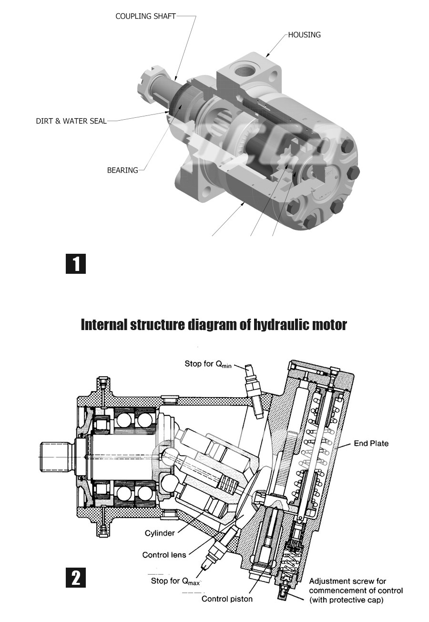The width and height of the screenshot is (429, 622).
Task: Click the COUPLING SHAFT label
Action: pos(145,16)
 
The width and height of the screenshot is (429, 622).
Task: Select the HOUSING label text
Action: pos(304,35)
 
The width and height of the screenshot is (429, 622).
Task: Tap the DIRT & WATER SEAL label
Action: pos(71,121)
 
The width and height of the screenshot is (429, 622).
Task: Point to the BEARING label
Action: pos(123,170)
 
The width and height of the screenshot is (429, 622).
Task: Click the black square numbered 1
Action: pos(76,263)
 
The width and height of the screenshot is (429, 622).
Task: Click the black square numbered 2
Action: pos(76,578)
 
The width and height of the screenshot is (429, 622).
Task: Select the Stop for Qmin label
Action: pos(208,364)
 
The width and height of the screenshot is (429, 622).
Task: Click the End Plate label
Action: pos(371,444)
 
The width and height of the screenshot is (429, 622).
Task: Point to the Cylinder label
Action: pos(160,533)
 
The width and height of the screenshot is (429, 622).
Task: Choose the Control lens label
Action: pos(164,555)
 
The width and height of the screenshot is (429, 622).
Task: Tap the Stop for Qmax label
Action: pos(175,581)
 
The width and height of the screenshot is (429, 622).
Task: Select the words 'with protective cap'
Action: pos(347,600)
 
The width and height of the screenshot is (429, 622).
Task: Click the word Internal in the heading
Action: pos(104,325)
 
